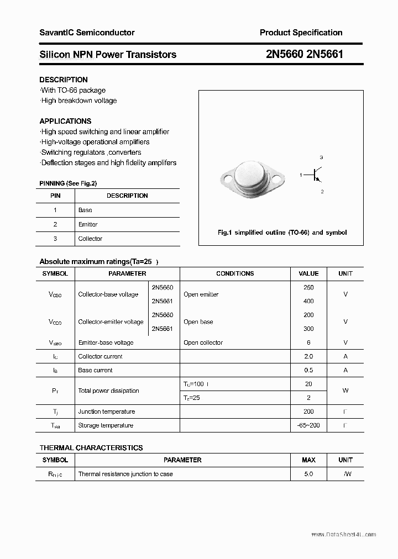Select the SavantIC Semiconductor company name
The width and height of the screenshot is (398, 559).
pyautogui.click(x=87, y=33)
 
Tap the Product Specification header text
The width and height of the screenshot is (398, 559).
pyautogui.click(x=301, y=33)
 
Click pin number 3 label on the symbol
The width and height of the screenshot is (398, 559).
pyautogui.click(x=321, y=157)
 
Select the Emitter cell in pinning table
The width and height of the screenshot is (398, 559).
pyautogui.click(x=88, y=224)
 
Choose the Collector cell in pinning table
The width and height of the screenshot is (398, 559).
pyautogui.click(x=90, y=239)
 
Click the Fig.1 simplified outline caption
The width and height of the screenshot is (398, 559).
pyautogui.click(x=282, y=233)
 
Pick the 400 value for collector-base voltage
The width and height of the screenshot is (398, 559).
pyautogui.click(x=308, y=301)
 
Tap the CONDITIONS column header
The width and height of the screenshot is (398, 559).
pyautogui.click(x=235, y=273)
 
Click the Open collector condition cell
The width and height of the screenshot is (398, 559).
pyautogui.click(x=203, y=342)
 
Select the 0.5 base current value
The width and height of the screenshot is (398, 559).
pyautogui.click(x=308, y=370)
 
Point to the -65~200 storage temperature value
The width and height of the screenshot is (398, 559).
pyautogui.click(x=308, y=425)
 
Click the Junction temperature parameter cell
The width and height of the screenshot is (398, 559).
pyautogui.click(x=106, y=412)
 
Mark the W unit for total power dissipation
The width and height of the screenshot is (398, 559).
pyautogui.click(x=345, y=391)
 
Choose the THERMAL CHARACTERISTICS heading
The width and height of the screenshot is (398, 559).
pyautogui.click(x=91, y=447)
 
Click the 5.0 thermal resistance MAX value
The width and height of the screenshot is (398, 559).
pyautogui.click(x=308, y=474)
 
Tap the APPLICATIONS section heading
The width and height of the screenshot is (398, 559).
pyautogui.click(x=65, y=121)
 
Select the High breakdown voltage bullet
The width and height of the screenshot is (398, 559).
pyautogui.click(x=78, y=101)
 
